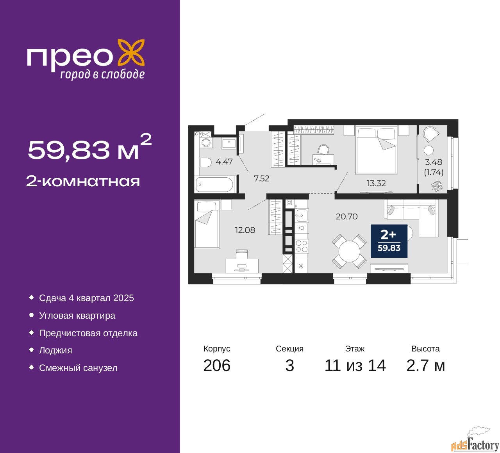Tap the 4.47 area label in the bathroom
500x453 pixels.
(x=224, y=162)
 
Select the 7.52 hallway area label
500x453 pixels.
(x=261, y=178)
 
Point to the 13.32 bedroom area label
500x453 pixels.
(x=376, y=183)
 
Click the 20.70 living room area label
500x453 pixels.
(x=346, y=216)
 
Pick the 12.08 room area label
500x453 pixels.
(x=245, y=230)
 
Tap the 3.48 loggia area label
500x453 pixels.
(x=434, y=162)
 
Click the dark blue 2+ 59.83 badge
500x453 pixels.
(x=389, y=241)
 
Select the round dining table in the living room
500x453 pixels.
(x=349, y=251)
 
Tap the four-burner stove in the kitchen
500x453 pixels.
(x=301, y=246)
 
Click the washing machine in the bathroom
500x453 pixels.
(x=206, y=142)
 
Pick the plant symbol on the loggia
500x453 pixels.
(x=437, y=186)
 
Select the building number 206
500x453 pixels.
(x=216, y=366)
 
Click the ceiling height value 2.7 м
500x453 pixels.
(x=425, y=366)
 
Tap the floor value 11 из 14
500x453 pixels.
(x=355, y=366)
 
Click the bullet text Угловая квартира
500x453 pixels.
(x=77, y=316)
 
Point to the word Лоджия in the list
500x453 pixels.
(x=55, y=351)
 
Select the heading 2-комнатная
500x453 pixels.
(x=83, y=182)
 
